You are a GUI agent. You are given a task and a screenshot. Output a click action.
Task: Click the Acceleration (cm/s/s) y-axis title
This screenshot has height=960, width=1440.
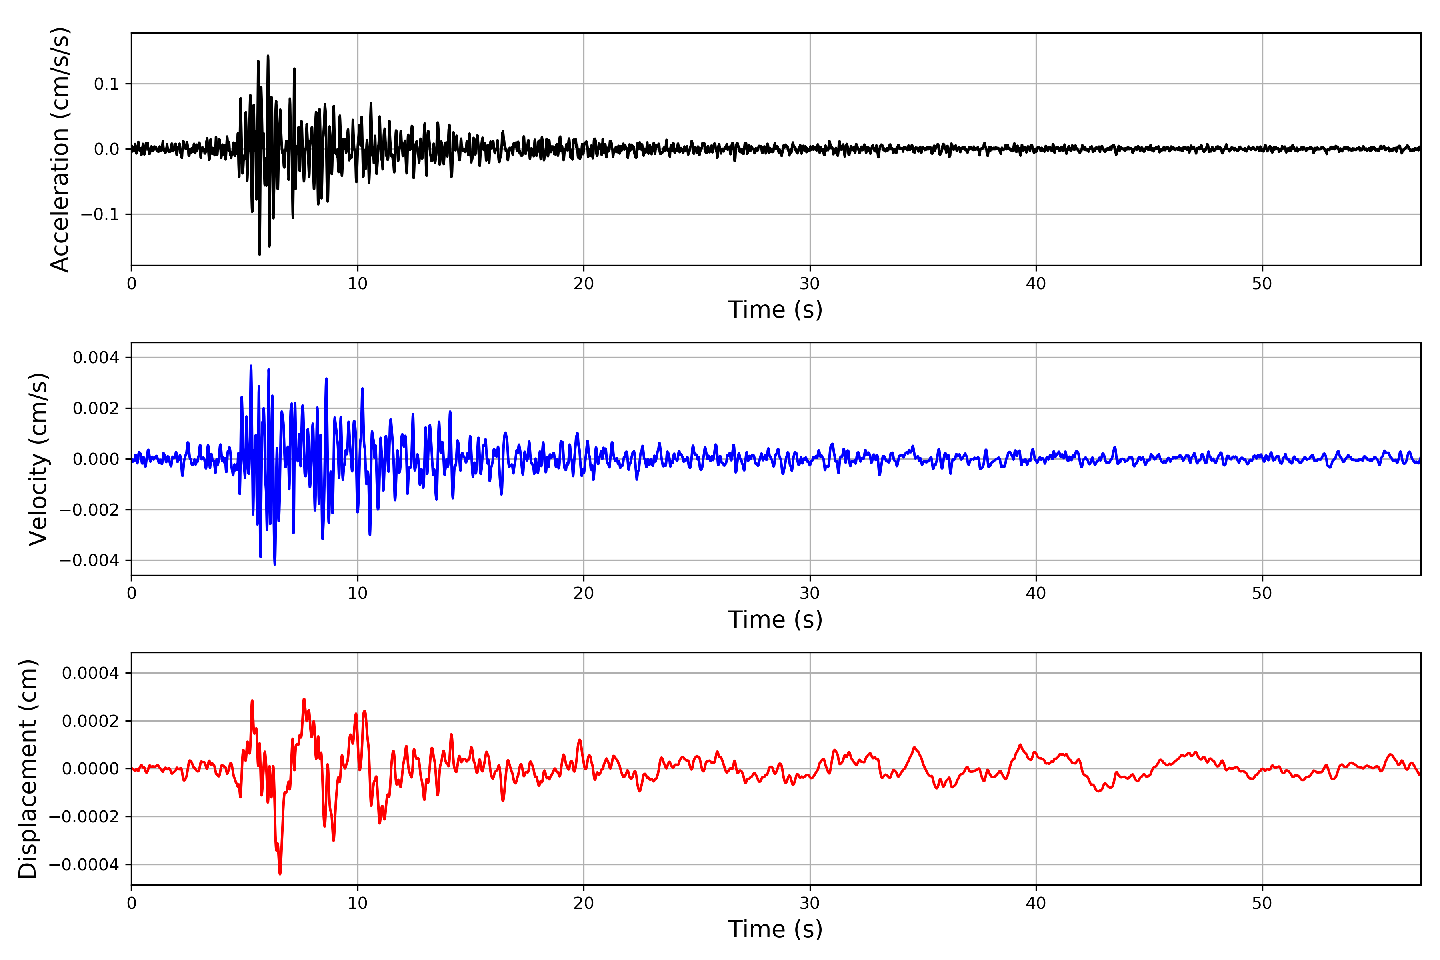point(60,149)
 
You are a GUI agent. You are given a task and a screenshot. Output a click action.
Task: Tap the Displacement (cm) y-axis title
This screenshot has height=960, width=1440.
point(28,768)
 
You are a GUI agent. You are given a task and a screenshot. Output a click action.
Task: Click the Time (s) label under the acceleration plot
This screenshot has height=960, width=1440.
point(775,310)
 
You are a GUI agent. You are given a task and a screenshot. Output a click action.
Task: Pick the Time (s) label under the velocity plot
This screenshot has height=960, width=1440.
point(775,620)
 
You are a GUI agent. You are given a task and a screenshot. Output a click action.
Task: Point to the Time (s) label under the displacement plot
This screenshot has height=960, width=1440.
point(775,929)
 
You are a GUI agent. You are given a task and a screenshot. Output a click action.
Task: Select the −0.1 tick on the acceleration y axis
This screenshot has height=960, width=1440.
point(100,214)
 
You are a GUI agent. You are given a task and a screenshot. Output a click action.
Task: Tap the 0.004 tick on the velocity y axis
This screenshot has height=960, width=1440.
point(96,358)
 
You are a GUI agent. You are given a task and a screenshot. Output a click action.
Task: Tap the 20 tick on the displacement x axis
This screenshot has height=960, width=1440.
point(584,904)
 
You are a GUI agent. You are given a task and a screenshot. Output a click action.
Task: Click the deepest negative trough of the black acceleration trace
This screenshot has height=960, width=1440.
point(260,254)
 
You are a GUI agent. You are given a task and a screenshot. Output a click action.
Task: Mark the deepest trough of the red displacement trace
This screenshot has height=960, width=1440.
point(280,874)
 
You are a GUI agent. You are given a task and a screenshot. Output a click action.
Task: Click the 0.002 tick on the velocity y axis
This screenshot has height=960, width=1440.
point(96,408)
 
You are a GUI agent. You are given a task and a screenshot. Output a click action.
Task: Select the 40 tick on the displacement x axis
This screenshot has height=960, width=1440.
point(1036,904)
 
